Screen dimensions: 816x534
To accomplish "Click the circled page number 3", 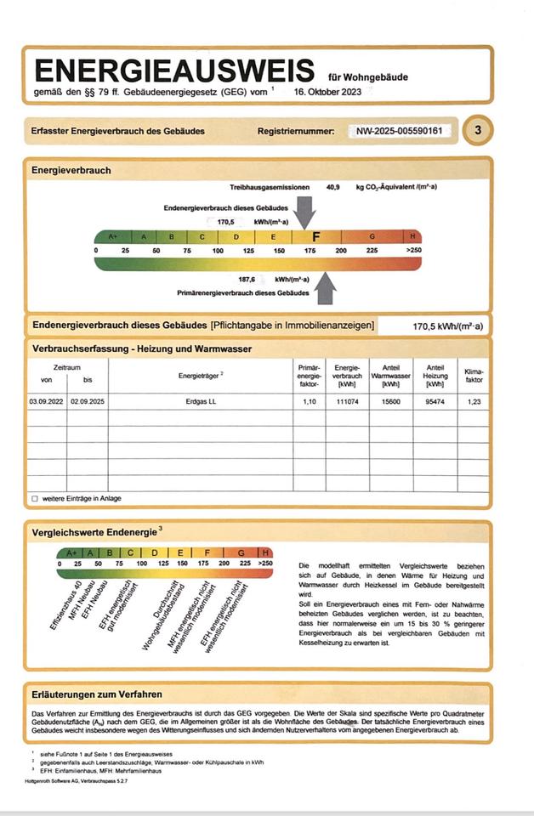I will (x=478, y=130).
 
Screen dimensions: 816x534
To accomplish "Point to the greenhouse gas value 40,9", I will (x=333, y=186).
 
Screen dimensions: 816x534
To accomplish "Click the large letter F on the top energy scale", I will (x=316, y=237).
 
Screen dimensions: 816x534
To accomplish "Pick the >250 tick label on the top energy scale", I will (x=413, y=252).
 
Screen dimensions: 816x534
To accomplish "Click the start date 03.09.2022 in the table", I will (x=46, y=400).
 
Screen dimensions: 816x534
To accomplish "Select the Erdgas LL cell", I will (x=201, y=400).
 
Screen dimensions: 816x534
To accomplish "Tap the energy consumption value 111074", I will (x=346, y=400).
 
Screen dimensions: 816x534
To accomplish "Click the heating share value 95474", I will (x=434, y=400).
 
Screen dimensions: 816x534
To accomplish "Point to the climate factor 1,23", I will (x=473, y=400).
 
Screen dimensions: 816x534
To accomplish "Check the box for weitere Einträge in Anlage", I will (x=35, y=498).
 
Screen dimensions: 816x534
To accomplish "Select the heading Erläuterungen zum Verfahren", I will (x=97, y=694).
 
